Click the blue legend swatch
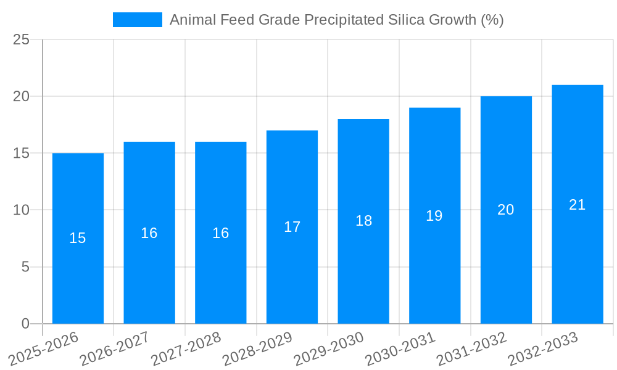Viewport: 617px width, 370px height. click(137, 20)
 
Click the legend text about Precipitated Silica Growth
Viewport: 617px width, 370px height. click(336, 20)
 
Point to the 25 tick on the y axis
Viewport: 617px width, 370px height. click(21, 39)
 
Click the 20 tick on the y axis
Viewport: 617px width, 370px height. click(21, 96)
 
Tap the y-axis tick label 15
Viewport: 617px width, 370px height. click(21, 153)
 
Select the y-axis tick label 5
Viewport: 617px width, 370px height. click(25, 267)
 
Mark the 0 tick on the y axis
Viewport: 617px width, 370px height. click(25, 324)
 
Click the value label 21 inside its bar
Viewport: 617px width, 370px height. click(577, 205)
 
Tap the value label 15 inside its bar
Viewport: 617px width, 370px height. click(78, 238)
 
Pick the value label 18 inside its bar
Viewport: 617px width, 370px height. click(363, 221)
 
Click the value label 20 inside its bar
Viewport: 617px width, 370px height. click(505, 210)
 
